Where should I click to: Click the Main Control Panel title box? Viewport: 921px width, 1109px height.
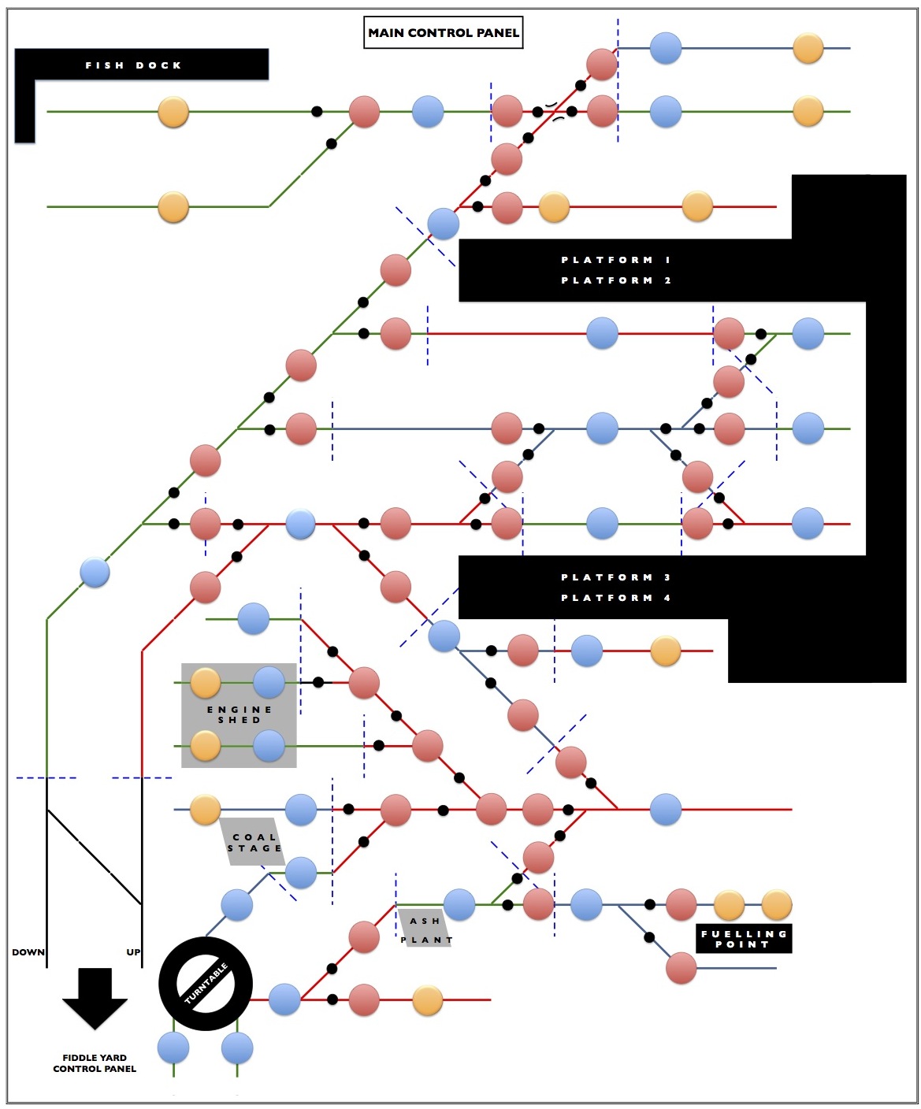(x=444, y=32)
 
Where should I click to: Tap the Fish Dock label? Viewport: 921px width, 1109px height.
(x=133, y=65)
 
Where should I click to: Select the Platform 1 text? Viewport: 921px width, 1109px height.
(x=616, y=260)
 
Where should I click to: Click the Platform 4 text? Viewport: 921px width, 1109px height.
(x=616, y=598)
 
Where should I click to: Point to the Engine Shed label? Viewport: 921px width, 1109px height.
(x=240, y=714)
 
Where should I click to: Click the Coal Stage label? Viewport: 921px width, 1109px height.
(x=254, y=842)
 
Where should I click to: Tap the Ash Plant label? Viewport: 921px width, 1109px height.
(x=426, y=930)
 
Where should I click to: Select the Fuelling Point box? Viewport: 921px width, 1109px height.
(x=744, y=939)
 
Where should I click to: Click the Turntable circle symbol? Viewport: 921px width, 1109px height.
(x=206, y=984)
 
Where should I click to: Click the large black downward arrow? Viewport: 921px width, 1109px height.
(x=95, y=999)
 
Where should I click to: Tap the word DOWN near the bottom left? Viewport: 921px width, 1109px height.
(x=28, y=952)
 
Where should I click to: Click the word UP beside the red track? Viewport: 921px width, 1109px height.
(x=133, y=952)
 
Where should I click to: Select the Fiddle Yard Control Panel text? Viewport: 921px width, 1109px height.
(x=95, y=1063)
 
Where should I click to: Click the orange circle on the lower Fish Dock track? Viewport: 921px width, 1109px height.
(x=173, y=206)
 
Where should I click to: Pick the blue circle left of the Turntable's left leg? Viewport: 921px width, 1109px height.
(x=173, y=1048)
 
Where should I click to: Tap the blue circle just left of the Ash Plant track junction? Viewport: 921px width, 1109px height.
(x=459, y=904)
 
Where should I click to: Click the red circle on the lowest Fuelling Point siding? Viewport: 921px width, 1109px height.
(x=681, y=968)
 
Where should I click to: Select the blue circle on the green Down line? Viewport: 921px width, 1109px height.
(x=95, y=572)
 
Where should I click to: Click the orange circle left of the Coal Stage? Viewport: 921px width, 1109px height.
(x=205, y=810)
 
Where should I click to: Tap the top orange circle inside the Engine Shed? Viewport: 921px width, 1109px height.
(x=205, y=683)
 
